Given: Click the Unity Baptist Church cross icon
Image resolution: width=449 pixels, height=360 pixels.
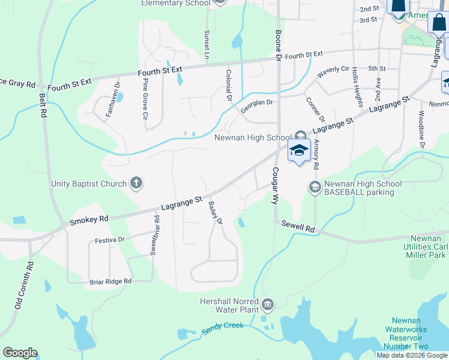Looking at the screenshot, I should pos(136,184).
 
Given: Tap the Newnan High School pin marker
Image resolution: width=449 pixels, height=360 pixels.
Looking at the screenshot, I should pos(299,151).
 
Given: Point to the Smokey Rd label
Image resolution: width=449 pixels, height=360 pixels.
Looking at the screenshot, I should pos(89,220).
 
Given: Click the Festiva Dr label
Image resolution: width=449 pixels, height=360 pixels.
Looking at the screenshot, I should pos(109,240).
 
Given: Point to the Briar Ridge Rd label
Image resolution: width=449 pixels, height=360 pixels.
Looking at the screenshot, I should pos(110,281).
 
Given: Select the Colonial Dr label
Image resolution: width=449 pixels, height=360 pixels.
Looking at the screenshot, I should pos(229,85).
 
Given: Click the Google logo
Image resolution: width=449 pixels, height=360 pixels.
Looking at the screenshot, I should pos(20,353).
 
